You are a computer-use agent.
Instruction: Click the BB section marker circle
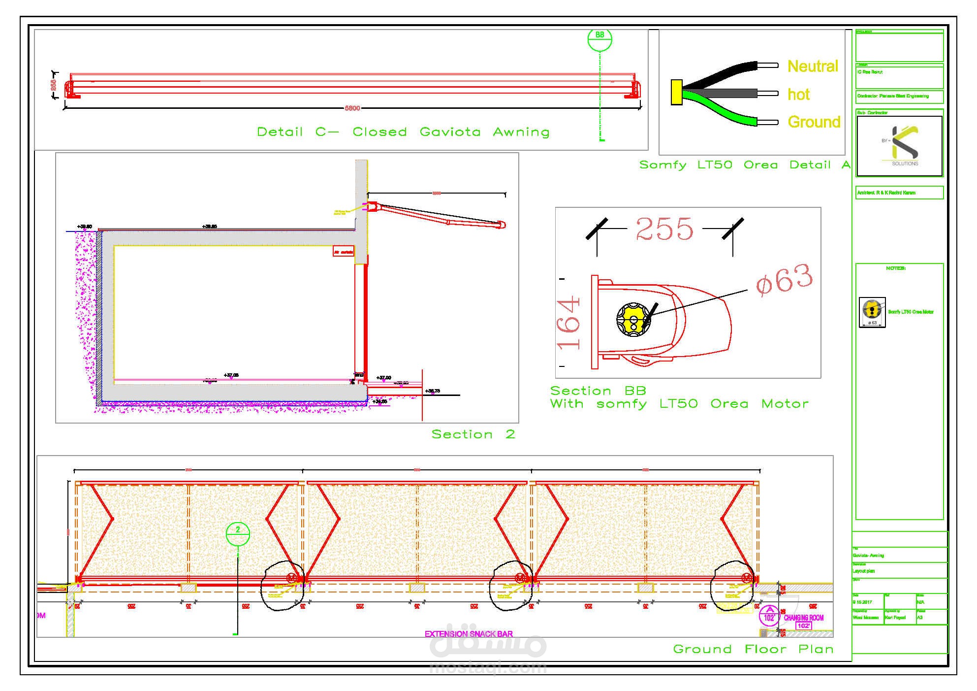[x=599, y=39]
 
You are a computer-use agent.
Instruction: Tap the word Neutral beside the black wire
[x=813, y=66]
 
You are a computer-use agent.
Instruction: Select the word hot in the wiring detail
[x=798, y=94]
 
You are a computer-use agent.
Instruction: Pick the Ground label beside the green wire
[x=814, y=122]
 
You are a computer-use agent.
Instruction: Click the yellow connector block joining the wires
[x=676, y=92]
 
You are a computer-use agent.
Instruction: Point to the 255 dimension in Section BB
[x=664, y=229]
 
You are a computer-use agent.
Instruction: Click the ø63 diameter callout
[x=784, y=280]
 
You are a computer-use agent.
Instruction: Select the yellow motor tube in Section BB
[x=633, y=320]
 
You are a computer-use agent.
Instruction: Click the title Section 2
[x=473, y=434]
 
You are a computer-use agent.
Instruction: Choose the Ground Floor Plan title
[x=753, y=649]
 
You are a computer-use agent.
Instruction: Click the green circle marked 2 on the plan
[x=238, y=533]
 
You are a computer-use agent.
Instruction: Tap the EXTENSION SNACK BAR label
[x=469, y=634]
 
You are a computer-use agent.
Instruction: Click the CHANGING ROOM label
[x=804, y=618]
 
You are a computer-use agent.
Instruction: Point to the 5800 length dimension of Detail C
[x=352, y=108]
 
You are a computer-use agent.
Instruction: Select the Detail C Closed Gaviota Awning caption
[x=403, y=132]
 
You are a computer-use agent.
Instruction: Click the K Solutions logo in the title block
[x=900, y=146]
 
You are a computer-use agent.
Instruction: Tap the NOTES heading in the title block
[x=896, y=268]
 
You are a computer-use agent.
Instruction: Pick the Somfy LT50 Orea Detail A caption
[x=745, y=165]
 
